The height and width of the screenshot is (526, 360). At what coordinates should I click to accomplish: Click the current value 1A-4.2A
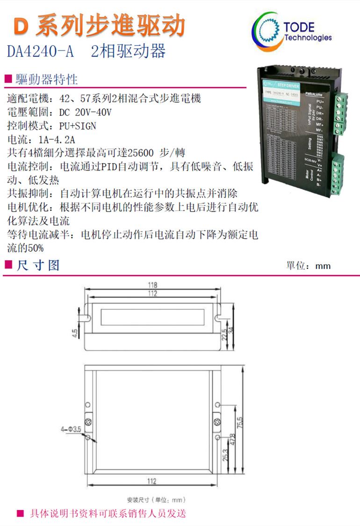point(56,139)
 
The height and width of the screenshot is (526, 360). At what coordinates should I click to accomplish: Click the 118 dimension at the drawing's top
point(153,285)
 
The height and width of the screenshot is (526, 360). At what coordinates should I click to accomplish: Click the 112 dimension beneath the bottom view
point(151,482)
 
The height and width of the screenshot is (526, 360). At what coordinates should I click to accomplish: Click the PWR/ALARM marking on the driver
point(314,95)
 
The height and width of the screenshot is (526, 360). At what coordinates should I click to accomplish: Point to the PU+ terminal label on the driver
point(320,101)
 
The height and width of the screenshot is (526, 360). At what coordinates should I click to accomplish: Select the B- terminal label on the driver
point(319,185)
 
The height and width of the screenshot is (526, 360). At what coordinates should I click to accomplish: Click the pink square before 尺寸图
point(7,265)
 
